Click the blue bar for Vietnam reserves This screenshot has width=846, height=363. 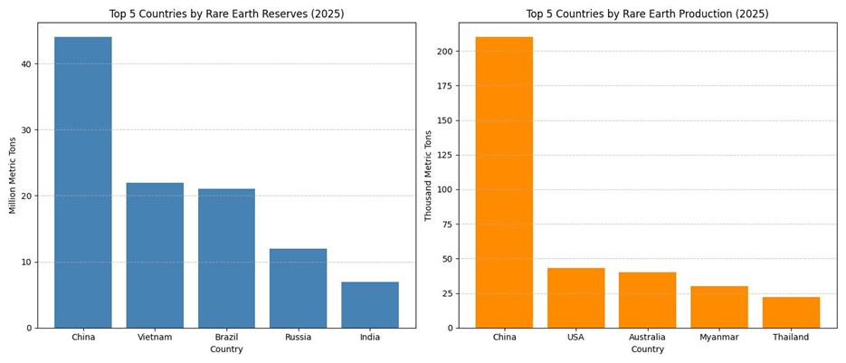[x=155, y=255]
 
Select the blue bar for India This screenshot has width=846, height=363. [x=370, y=305]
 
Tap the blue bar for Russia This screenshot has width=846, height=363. [x=298, y=288]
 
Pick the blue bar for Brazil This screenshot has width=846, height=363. [x=226, y=258]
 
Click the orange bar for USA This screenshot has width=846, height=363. [x=575, y=298]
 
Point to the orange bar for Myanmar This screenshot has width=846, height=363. [x=719, y=307]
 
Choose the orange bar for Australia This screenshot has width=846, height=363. [x=647, y=300]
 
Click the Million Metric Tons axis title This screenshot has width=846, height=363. [x=13, y=176]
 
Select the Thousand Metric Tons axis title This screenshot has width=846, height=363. [x=429, y=176]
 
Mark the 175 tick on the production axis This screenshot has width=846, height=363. [x=443, y=86]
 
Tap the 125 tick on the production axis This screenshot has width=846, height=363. [x=443, y=155]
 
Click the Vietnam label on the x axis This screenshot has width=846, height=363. [x=155, y=337]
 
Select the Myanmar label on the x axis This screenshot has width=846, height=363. [x=719, y=337]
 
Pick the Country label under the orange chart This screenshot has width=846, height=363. [x=647, y=349]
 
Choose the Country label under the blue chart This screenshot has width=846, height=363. [x=226, y=349]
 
